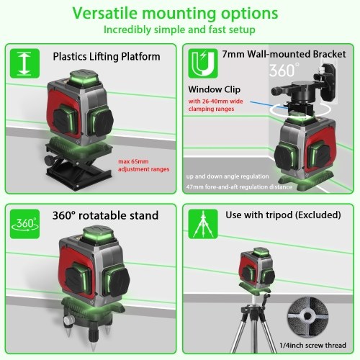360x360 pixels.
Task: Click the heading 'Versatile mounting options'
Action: point(176,14)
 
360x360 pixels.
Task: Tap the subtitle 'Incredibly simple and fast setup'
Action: point(179,30)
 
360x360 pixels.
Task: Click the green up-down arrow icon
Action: point(24,63)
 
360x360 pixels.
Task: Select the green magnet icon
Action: point(203,63)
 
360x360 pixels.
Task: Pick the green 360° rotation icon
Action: point(24,224)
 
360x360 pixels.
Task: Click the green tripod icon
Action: point(203,224)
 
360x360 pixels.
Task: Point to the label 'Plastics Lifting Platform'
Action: point(107,57)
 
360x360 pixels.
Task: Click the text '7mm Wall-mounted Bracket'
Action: point(284,54)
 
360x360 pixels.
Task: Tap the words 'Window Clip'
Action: point(215,89)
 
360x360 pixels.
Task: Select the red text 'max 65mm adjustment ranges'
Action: point(144,166)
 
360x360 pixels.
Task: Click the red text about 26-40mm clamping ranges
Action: point(215,105)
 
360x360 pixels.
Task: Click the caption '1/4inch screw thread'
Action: point(312,346)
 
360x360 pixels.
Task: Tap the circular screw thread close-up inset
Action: point(308,317)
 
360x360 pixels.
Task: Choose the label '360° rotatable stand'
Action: point(105,215)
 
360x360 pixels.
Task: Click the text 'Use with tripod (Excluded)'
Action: point(283,215)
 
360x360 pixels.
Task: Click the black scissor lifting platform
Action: point(79,168)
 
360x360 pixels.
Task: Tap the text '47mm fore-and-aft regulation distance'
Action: point(239,186)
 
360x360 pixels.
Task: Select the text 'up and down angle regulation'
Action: point(228,176)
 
